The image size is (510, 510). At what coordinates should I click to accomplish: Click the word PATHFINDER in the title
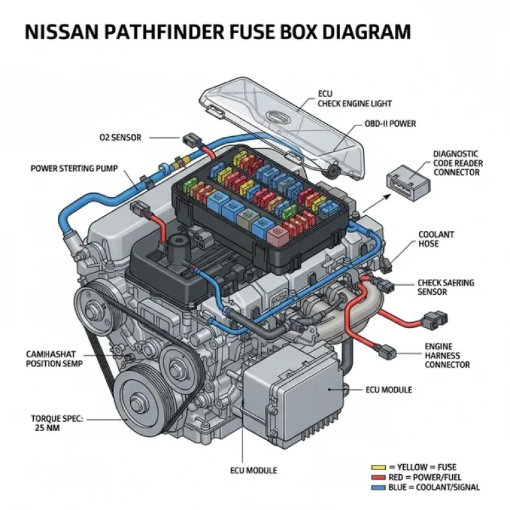click(183, 32)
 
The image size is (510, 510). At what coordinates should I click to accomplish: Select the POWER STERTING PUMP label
click(74, 168)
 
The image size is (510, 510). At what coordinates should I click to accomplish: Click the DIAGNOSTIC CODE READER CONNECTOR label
click(458, 163)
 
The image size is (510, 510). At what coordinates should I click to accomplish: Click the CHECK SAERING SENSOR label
click(446, 287)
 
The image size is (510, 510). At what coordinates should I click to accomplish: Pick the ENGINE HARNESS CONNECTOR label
click(447, 355)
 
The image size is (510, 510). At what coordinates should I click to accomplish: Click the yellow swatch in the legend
click(380, 467)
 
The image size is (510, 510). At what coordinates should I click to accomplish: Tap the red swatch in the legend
click(380, 477)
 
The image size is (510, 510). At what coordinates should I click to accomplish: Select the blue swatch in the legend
click(380, 487)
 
